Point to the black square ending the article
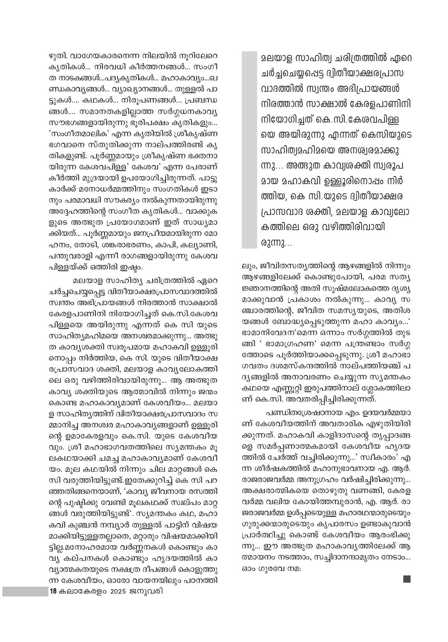[407, 579]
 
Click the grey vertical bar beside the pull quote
[249, 149]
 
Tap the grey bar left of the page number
[25, 591]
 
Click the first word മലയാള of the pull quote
[274, 59]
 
